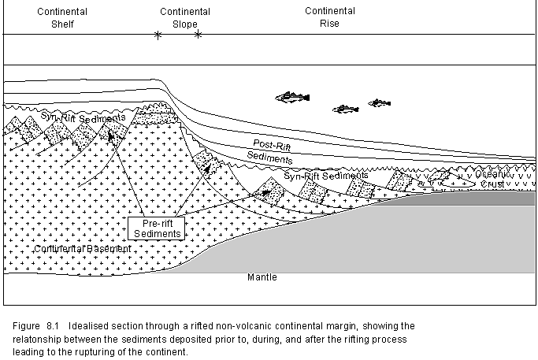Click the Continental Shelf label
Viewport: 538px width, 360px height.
pos(62,17)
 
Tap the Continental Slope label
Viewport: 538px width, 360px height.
pos(184,17)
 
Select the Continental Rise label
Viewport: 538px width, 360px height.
pos(330,17)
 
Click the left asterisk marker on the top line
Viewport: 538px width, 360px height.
pos(158,35)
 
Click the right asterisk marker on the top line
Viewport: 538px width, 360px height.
pos(198,35)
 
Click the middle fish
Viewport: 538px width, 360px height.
pos(345,109)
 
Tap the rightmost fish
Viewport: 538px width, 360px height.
pos(380,102)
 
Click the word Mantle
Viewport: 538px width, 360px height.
pos(262,277)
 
